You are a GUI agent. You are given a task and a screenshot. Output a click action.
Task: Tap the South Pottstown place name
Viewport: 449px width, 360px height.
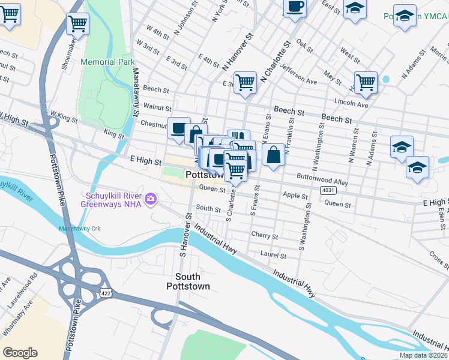(192, 281)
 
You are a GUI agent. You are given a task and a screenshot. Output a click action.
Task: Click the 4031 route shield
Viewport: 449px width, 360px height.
(328, 191)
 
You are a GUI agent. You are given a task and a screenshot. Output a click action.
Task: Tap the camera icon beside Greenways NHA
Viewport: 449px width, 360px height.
(151, 198)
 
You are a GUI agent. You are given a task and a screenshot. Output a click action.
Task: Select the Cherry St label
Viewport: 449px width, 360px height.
(265, 236)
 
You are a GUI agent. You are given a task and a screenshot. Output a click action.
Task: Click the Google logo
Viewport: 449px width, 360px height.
(20, 353)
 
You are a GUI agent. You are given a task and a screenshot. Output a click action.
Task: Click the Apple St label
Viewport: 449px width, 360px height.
(295, 196)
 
